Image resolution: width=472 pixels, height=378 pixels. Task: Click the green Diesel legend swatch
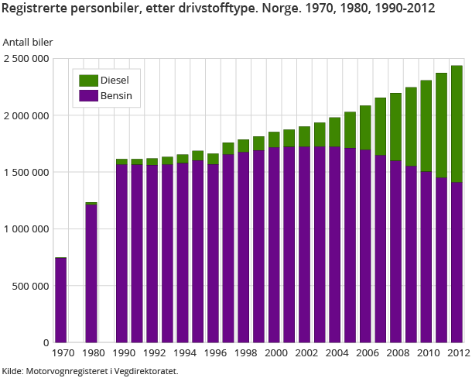(x=88, y=81)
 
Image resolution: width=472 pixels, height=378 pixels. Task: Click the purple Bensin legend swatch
(x=88, y=96)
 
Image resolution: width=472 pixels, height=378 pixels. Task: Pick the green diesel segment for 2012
(x=457, y=124)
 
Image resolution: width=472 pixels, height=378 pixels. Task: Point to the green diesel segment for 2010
(x=426, y=125)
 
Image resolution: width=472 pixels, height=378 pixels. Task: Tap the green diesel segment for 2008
(x=396, y=127)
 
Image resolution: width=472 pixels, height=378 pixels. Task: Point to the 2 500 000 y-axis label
(x=26, y=59)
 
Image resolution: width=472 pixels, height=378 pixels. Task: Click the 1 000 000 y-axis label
(x=26, y=229)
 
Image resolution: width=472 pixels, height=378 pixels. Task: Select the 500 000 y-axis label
(x=32, y=286)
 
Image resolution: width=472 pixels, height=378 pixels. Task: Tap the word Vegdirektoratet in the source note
(x=144, y=371)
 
